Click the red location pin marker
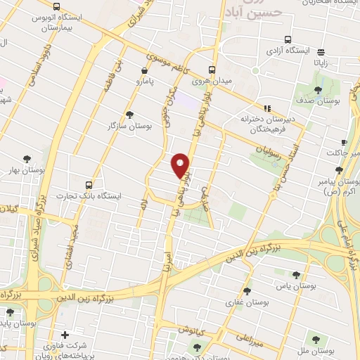point(181,165)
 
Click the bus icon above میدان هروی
point(212,70)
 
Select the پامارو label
point(146,82)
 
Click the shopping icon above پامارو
point(145,70)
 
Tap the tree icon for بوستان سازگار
point(129,114)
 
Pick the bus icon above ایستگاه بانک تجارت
point(88,184)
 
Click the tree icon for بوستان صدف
point(319,89)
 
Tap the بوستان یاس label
point(293,286)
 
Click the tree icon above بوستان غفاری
point(246,290)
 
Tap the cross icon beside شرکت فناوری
point(65,335)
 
